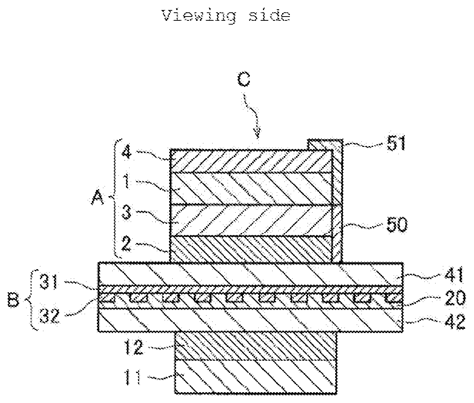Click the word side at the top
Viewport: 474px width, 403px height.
(270, 16)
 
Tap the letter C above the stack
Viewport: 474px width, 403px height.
(244, 79)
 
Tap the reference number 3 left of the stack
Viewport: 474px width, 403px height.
(126, 212)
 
